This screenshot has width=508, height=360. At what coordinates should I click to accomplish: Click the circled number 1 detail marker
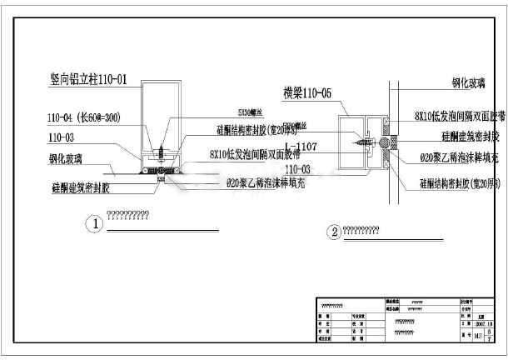click(x=97, y=223)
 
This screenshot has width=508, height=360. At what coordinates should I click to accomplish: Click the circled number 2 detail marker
click(x=335, y=232)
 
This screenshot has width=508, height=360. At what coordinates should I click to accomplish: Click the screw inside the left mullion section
click(x=160, y=149)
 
